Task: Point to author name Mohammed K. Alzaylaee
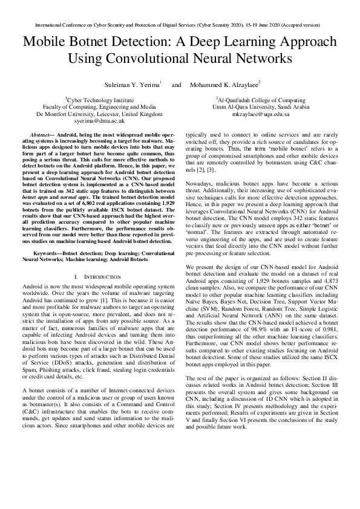[x=224, y=84]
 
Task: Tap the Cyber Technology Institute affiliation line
[x=99, y=99]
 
